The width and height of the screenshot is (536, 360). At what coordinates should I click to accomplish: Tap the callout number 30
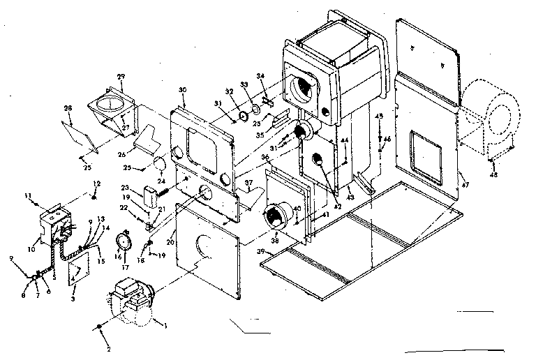(183, 91)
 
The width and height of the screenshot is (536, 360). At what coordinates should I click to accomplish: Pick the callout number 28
(68, 108)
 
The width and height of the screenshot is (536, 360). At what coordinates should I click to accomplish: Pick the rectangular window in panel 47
(424, 151)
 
